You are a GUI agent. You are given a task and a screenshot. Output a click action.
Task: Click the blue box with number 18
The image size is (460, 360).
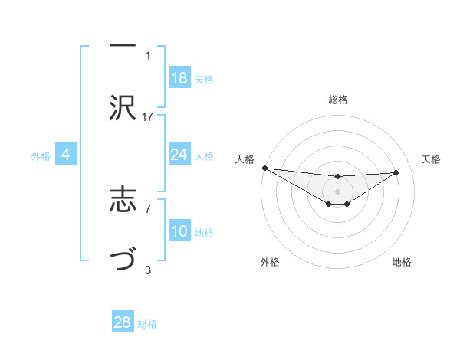click(179, 77)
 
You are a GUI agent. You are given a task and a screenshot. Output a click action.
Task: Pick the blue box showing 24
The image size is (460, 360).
click(179, 155)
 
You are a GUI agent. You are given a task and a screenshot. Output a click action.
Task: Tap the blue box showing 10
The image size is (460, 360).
click(179, 231)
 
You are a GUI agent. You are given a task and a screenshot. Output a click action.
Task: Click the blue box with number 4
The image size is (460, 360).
click(66, 155)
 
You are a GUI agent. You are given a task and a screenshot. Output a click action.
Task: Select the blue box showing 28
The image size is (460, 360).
click(123, 322)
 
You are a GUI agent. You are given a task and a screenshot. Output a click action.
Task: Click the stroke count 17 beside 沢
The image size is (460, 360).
click(148, 116)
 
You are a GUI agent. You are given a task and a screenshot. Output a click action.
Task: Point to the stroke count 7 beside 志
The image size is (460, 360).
click(148, 208)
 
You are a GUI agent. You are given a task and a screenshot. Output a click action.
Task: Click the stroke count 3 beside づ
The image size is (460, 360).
click(148, 270)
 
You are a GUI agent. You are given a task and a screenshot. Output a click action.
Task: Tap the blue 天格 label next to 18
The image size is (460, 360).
click(204, 79)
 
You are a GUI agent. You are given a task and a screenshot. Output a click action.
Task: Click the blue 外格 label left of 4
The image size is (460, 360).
click(41, 156)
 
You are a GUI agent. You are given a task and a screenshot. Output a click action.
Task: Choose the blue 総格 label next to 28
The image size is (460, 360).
click(148, 324)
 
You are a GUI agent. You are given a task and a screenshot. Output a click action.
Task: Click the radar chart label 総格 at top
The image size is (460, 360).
click(337, 100)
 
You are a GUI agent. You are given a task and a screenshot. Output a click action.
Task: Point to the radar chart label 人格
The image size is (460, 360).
click(245, 159)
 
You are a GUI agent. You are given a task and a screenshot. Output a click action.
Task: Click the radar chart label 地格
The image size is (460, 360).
click(402, 263)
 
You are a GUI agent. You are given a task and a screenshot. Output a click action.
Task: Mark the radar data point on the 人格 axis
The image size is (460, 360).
click(264, 168)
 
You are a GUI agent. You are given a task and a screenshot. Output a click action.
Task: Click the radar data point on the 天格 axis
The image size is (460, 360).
click(396, 172)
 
